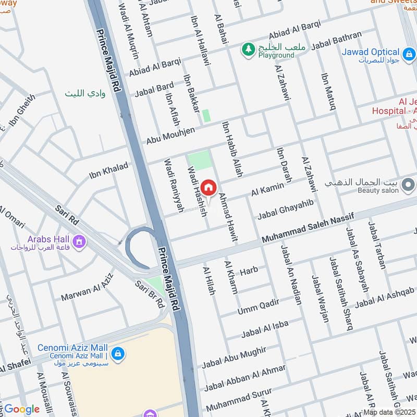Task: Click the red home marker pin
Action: (208, 188)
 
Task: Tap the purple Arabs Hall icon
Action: (79, 242)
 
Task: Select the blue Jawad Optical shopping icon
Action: (409, 53)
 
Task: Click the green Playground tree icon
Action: (247, 50)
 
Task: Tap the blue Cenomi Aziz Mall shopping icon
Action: (117, 353)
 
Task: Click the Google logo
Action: (21, 409)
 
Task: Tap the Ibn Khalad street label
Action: (108, 170)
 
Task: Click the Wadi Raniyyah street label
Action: (175, 185)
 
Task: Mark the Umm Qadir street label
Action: (258, 307)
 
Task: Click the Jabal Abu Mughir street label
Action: (234, 357)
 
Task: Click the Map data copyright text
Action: (390, 412)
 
